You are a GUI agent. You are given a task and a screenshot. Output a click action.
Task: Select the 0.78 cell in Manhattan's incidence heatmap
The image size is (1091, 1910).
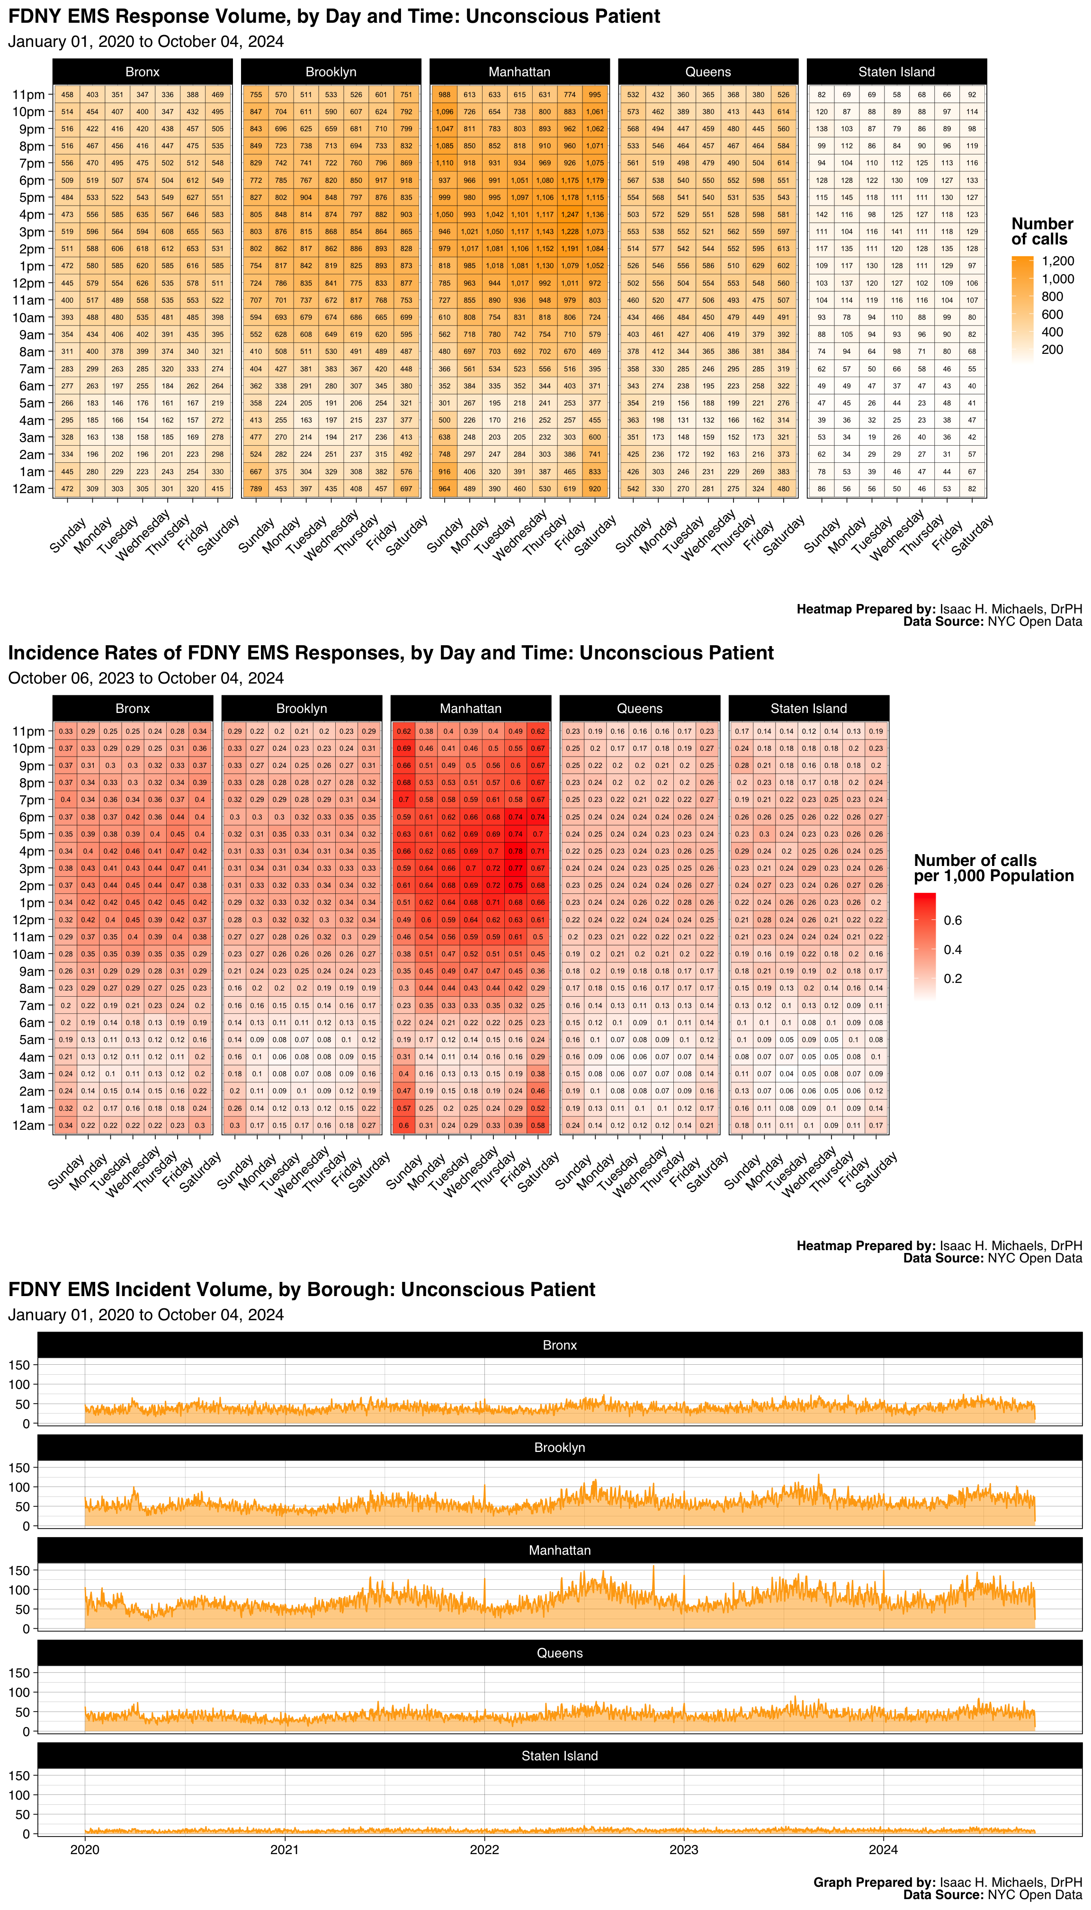[516, 851]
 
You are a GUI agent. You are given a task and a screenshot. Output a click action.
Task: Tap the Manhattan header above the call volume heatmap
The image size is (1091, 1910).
[519, 72]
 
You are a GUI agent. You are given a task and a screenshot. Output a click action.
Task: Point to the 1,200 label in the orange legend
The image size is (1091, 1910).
[1058, 261]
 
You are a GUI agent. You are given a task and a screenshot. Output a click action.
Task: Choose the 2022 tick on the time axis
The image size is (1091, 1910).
[484, 1849]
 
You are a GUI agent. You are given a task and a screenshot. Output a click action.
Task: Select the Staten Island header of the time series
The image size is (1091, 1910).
[560, 1756]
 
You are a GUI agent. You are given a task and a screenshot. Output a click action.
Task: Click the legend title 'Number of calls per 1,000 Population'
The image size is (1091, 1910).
[993, 868]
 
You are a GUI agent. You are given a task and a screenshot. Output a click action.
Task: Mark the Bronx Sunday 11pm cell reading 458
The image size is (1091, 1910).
[67, 94]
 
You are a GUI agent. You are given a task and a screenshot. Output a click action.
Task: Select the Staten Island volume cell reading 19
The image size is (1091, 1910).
[871, 437]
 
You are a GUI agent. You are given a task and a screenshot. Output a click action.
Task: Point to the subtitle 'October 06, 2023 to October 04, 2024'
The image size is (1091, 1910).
[146, 678]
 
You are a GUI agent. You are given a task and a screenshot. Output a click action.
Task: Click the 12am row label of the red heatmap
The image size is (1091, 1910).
[28, 1125]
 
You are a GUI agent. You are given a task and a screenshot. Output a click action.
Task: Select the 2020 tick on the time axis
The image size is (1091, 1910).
[85, 1849]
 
